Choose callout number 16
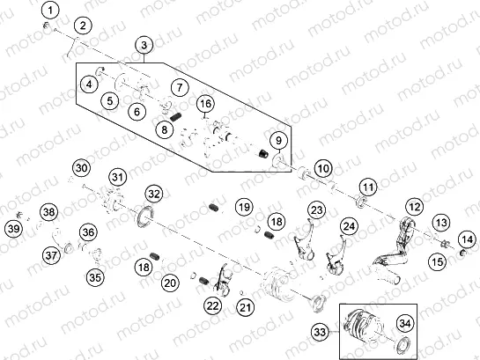point(205,105)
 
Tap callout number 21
point(245,306)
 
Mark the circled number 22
point(212,305)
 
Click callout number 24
point(350,227)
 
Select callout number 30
point(81,167)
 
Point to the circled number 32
point(154,192)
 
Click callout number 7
point(179,88)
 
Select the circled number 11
point(366,186)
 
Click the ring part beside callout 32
point(144,217)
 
